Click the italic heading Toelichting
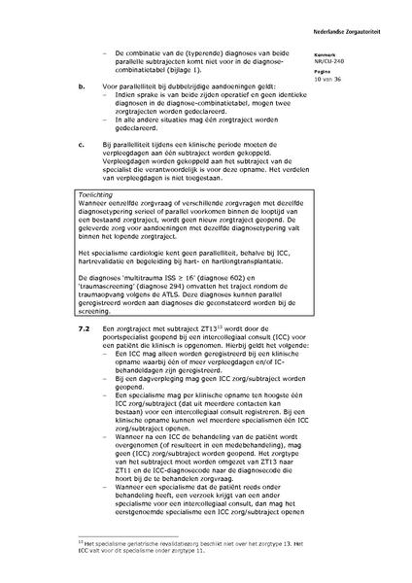(x=94, y=194)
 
